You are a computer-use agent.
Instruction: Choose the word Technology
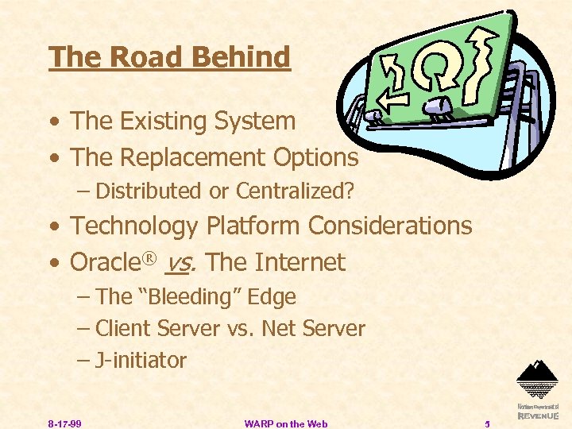(134, 226)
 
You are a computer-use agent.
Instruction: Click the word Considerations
(390, 226)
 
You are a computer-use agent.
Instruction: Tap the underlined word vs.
(186, 263)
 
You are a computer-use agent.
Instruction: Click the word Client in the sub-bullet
(124, 328)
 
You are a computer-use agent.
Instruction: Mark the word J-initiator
(141, 361)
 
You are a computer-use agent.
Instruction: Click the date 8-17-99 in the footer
(64, 423)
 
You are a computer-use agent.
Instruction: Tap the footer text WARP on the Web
(286, 423)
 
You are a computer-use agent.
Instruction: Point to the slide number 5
(488, 423)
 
